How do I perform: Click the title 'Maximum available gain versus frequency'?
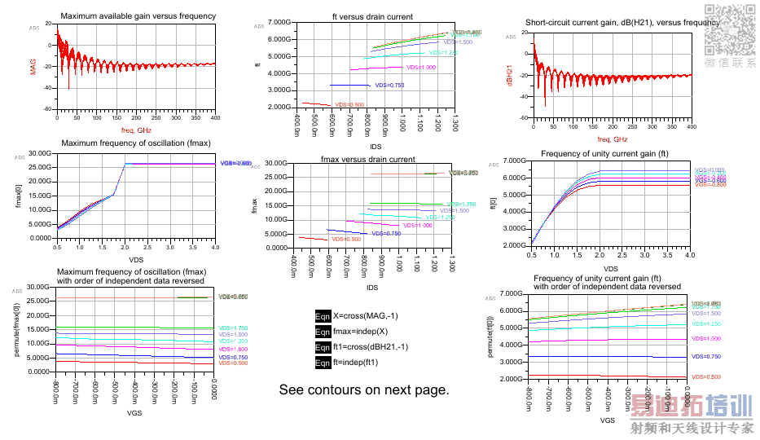138,16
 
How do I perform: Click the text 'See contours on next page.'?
364,389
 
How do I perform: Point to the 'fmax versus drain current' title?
367,159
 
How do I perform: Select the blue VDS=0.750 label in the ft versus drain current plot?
389,86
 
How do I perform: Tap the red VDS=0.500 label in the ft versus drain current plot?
350,104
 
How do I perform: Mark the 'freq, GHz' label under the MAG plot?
136,130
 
